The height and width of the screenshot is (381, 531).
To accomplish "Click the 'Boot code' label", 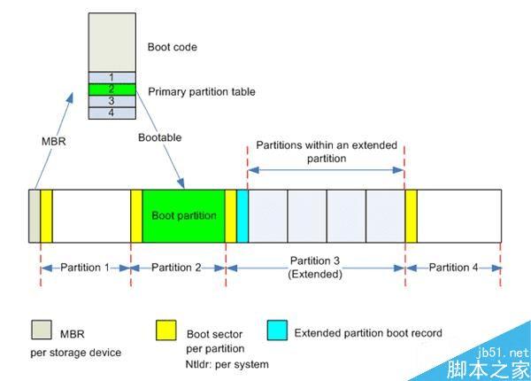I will click(172, 47).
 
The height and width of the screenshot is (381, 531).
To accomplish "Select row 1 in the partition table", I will click(112, 77).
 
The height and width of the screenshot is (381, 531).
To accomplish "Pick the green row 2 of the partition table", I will click(112, 89).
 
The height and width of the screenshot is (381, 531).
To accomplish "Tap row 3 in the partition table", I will click(112, 101).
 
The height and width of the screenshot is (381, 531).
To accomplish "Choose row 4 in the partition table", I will click(112, 113).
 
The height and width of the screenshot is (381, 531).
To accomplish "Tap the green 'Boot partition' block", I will click(183, 214).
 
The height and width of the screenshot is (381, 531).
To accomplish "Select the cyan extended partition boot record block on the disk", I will click(242, 214).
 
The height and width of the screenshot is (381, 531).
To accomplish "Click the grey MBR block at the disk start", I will click(35, 214).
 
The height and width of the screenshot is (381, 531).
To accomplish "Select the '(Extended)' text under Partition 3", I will click(315, 276).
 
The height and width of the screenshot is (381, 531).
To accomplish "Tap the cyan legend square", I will click(277, 335).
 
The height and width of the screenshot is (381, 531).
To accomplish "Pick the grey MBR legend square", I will click(41, 335).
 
